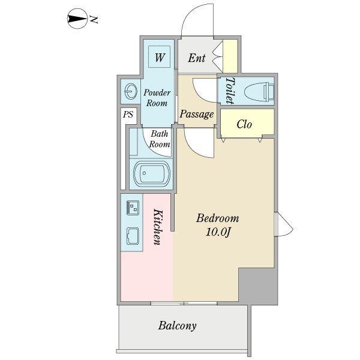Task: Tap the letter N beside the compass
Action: click(x=94, y=20)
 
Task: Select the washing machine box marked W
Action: click(x=160, y=58)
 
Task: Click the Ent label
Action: click(x=196, y=58)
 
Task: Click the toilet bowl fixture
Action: click(x=262, y=91)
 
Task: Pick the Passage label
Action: click(x=196, y=113)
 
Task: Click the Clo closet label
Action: click(x=244, y=124)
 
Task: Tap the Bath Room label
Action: click(x=160, y=139)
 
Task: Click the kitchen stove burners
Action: click(x=132, y=208)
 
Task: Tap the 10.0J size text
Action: click(x=218, y=232)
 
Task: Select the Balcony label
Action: click(x=178, y=326)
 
